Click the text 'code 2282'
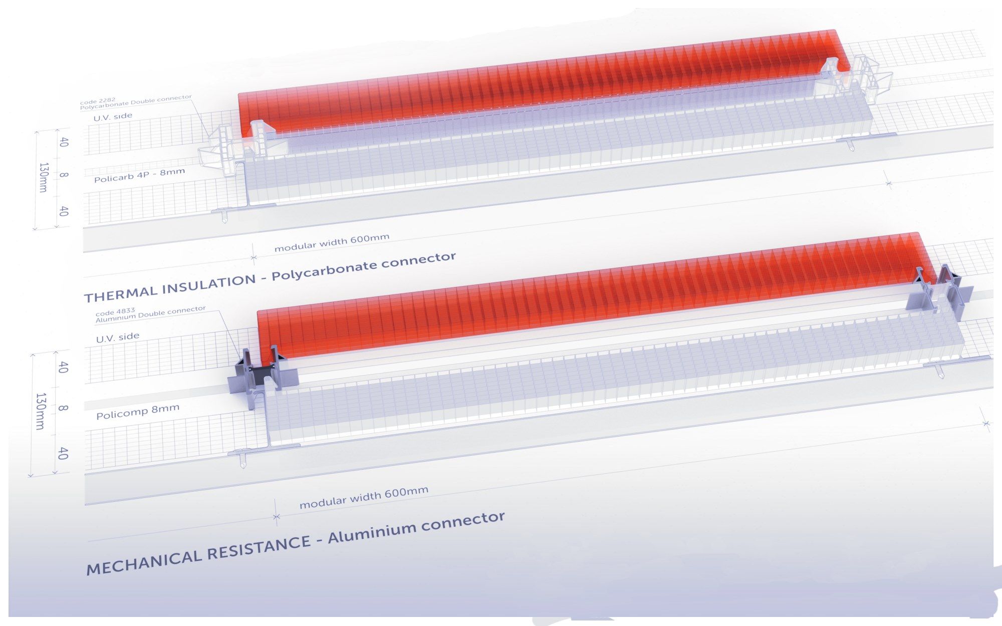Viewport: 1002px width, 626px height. click(x=96, y=103)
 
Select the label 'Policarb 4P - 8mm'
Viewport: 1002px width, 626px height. click(x=140, y=175)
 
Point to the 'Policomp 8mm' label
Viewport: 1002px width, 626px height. click(x=138, y=412)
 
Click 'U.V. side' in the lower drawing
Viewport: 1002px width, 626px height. click(x=118, y=337)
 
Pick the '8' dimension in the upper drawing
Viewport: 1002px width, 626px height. click(x=63, y=175)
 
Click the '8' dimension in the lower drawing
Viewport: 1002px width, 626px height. click(x=62, y=408)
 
